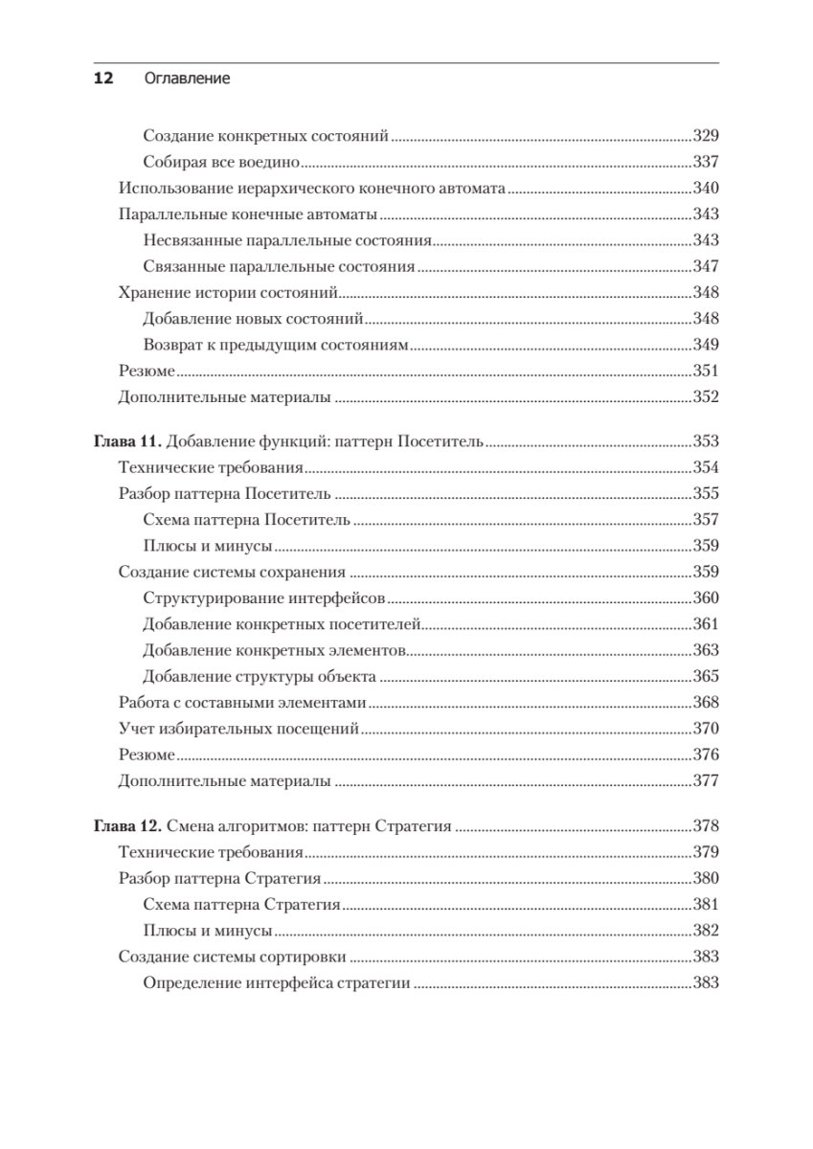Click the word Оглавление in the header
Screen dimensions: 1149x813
pos(187,79)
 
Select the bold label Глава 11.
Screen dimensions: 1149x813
pos(128,442)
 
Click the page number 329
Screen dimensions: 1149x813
pos(705,136)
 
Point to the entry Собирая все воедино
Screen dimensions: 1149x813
pos(221,162)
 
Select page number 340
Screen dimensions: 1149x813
pos(705,188)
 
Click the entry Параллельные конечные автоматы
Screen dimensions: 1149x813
pos(247,214)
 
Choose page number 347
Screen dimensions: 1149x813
pos(705,266)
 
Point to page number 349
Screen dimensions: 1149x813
pos(705,344)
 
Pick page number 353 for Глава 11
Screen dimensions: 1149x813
pos(705,442)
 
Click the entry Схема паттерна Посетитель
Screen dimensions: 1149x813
pos(245,521)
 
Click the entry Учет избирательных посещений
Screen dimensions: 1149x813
pos(237,729)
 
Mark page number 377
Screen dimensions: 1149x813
pos(705,780)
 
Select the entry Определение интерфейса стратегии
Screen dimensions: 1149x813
pos(276,981)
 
